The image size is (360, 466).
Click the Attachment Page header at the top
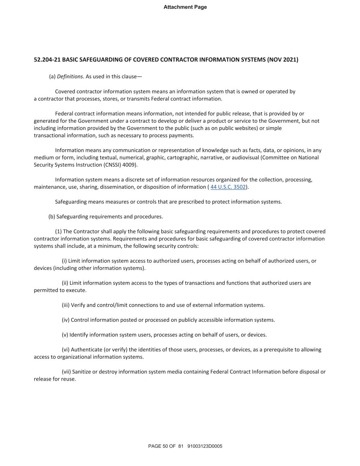185,7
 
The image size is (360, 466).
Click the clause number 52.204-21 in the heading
47,60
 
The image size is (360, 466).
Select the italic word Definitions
70,76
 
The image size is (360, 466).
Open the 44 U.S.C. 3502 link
228,187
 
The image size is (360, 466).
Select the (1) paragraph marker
58,231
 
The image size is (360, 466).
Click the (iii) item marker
66,305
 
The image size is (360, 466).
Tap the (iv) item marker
66,320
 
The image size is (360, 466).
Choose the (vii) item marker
66,372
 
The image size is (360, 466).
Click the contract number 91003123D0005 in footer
205,446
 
